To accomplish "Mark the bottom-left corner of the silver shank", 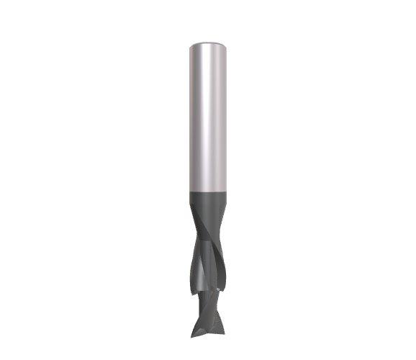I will (x=189, y=189).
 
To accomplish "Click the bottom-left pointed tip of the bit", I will (x=191, y=334).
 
